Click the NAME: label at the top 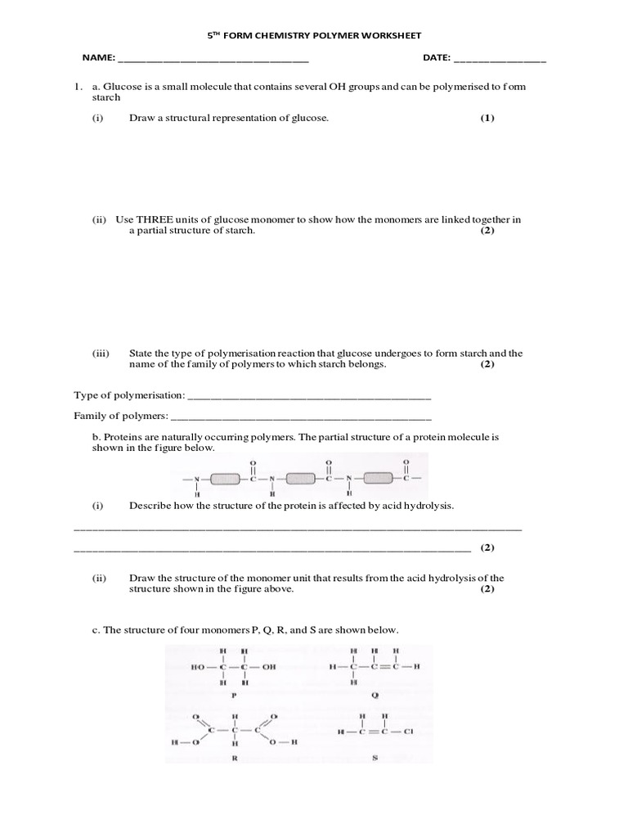coord(98,59)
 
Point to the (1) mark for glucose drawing coord(487,118)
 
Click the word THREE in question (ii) coord(153,219)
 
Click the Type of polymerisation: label coord(129,395)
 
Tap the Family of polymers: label coord(121,416)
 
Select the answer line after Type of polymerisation coord(309,398)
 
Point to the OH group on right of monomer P coord(269,667)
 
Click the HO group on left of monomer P coord(198,667)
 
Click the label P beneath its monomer coord(233,695)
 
